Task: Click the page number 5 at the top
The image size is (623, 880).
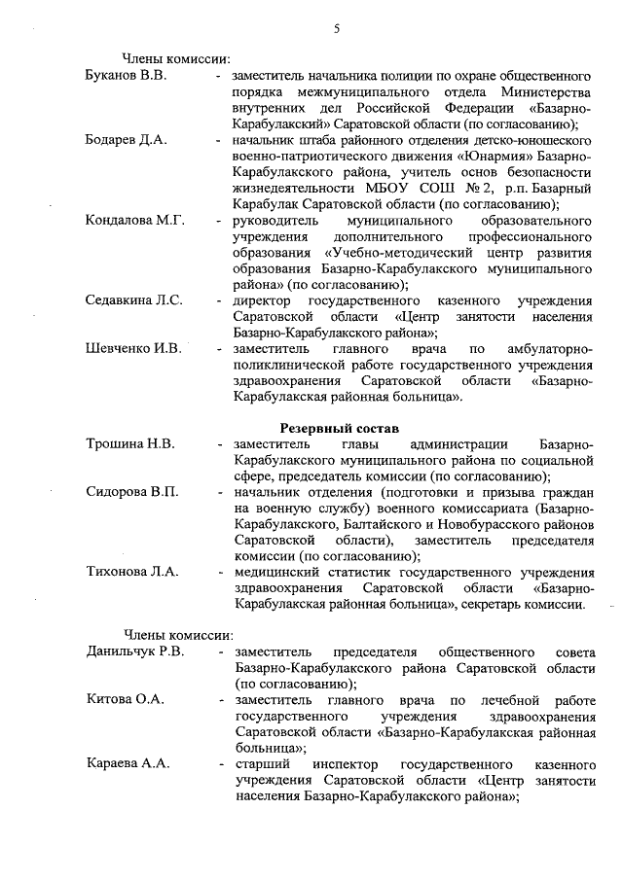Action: (x=337, y=28)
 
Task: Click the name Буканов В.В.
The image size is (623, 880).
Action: (x=126, y=76)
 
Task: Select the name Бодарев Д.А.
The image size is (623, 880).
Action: (x=126, y=140)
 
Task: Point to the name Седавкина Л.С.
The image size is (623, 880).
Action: (x=134, y=300)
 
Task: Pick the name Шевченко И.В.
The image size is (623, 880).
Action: (x=133, y=349)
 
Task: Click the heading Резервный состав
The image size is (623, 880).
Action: (x=340, y=428)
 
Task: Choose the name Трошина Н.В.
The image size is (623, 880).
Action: (x=130, y=444)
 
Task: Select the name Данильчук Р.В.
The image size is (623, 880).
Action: (x=135, y=651)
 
